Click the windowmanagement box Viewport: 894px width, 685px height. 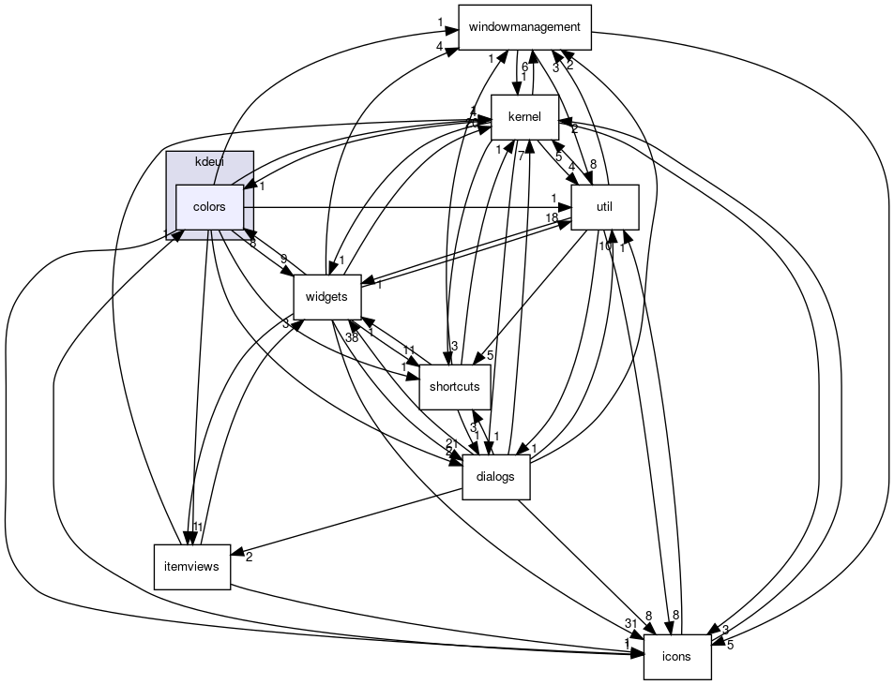point(524,27)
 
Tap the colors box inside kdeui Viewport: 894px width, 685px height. point(208,206)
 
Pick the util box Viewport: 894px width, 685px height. point(605,206)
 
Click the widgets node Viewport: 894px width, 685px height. point(326,297)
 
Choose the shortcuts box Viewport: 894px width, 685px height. point(455,386)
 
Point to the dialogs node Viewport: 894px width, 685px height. point(495,476)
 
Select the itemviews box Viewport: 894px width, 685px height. point(191,566)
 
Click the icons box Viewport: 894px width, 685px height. point(676,656)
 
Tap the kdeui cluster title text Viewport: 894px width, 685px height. point(209,162)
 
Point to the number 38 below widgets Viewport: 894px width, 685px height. point(352,337)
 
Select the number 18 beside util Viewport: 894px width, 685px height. point(553,216)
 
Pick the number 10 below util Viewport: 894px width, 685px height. point(606,246)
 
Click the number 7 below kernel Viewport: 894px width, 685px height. point(520,155)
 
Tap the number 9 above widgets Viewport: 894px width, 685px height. point(283,259)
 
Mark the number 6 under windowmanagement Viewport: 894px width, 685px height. point(524,67)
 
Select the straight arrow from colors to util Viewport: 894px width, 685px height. point(403,206)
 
